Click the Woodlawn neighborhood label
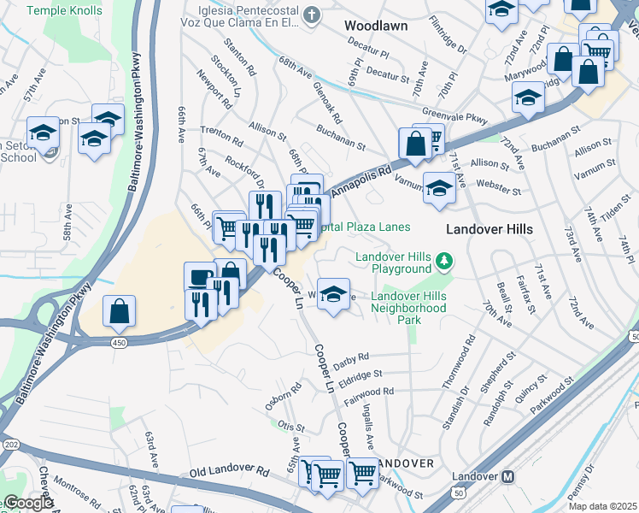coord(376,26)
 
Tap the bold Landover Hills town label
coord(490,229)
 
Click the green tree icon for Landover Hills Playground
coord(443,259)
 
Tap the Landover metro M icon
coord(507,476)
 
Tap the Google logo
coord(27,503)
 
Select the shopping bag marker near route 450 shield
coord(120,311)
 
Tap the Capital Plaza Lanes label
coord(363,227)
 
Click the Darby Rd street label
coord(351,357)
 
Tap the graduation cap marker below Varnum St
coord(439,188)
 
